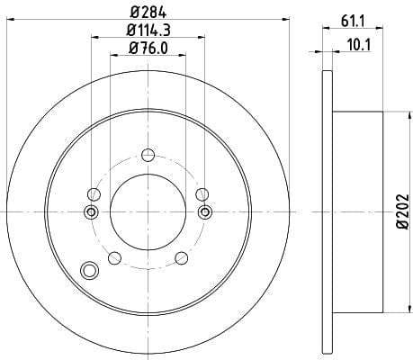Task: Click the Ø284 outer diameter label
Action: pos(148,13)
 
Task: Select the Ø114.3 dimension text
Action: pos(148,30)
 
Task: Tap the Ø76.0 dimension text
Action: pos(148,48)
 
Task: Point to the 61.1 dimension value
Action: pos(353,22)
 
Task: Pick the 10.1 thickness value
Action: pos(359,45)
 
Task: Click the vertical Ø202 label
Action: pos(402,211)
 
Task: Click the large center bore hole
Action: pos(148,211)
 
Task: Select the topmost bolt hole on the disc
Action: pos(148,155)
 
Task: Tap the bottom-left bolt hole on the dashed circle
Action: pos(114,258)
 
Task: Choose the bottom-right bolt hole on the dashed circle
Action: pos(182,258)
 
